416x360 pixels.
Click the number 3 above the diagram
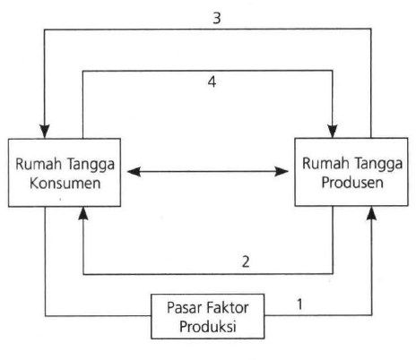coord(217,18)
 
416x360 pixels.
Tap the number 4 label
coord(212,81)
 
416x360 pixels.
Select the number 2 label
coord(246,261)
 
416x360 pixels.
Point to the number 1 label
coord(299,304)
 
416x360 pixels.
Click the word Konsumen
coord(65,183)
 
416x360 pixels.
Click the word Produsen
coord(352,183)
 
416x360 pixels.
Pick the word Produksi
coord(208,326)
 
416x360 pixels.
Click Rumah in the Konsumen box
coord(39,164)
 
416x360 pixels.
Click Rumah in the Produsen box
coord(325,163)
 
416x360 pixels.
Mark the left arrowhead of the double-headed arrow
coord(134,172)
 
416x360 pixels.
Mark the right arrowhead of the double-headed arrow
coord(282,171)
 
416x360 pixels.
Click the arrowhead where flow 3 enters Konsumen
coord(45,131)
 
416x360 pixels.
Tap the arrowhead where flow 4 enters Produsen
coord(333,131)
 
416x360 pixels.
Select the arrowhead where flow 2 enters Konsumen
coord(83,213)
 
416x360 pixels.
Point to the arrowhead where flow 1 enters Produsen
coord(371,213)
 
